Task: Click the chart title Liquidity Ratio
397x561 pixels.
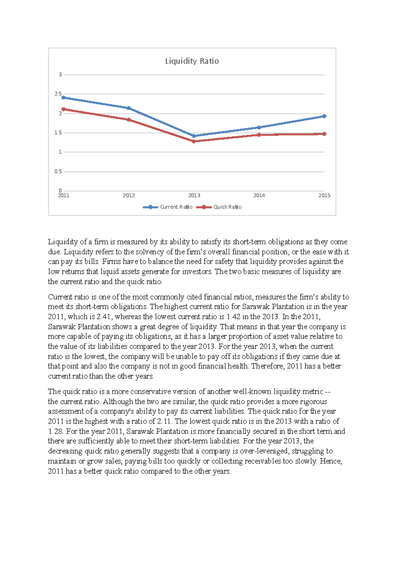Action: [x=192, y=61]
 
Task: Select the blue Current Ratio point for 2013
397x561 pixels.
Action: [x=194, y=136]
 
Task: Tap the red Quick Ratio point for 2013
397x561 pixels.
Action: [x=194, y=141]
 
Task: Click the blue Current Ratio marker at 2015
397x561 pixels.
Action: [x=324, y=116]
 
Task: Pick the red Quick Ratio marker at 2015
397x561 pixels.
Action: [x=324, y=134]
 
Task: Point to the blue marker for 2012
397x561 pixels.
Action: [x=129, y=108]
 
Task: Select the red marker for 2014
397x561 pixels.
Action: [x=259, y=135]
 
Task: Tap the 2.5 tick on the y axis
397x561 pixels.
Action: [x=58, y=94]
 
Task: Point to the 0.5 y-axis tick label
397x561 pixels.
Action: [x=58, y=171]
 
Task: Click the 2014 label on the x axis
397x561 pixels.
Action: [x=259, y=196]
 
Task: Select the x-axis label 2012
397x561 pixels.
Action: [x=129, y=196]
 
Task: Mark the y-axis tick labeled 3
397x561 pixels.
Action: [x=60, y=75]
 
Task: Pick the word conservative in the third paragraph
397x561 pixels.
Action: [x=151, y=392]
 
